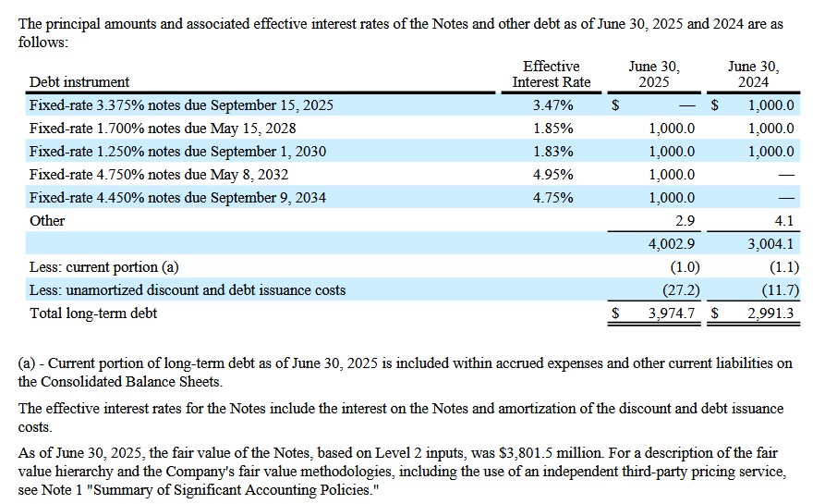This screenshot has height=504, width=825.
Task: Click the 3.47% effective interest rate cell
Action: (552, 105)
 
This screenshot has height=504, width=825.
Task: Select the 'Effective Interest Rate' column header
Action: (551, 74)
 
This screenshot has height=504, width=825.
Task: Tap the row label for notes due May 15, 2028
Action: (163, 129)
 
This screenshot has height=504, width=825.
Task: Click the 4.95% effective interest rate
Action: (552, 175)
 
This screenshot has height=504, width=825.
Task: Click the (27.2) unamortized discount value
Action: (679, 290)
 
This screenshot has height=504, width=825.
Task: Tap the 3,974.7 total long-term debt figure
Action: (672, 313)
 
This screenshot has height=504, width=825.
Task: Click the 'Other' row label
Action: (47, 221)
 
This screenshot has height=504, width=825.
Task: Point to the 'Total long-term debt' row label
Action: (93, 313)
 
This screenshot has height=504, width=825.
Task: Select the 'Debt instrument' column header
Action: (79, 82)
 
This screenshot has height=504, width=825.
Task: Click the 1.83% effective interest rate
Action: (552, 152)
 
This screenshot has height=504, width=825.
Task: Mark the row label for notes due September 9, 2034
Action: (177, 198)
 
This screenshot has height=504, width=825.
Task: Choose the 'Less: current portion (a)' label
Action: (104, 267)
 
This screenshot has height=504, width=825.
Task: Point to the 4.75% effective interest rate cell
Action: (552, 198)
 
